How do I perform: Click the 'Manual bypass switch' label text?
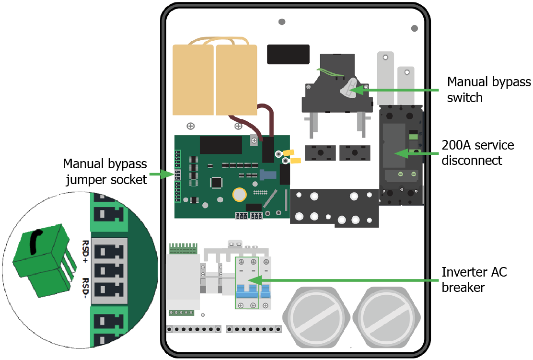point(488,90)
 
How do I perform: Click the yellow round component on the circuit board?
point(239,194)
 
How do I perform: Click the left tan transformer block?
point(193,80)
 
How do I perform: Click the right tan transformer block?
point(236,80)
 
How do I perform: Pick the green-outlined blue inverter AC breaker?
point(246,283)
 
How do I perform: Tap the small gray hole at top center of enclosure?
point(282,22)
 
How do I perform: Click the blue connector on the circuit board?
point(266,176)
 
